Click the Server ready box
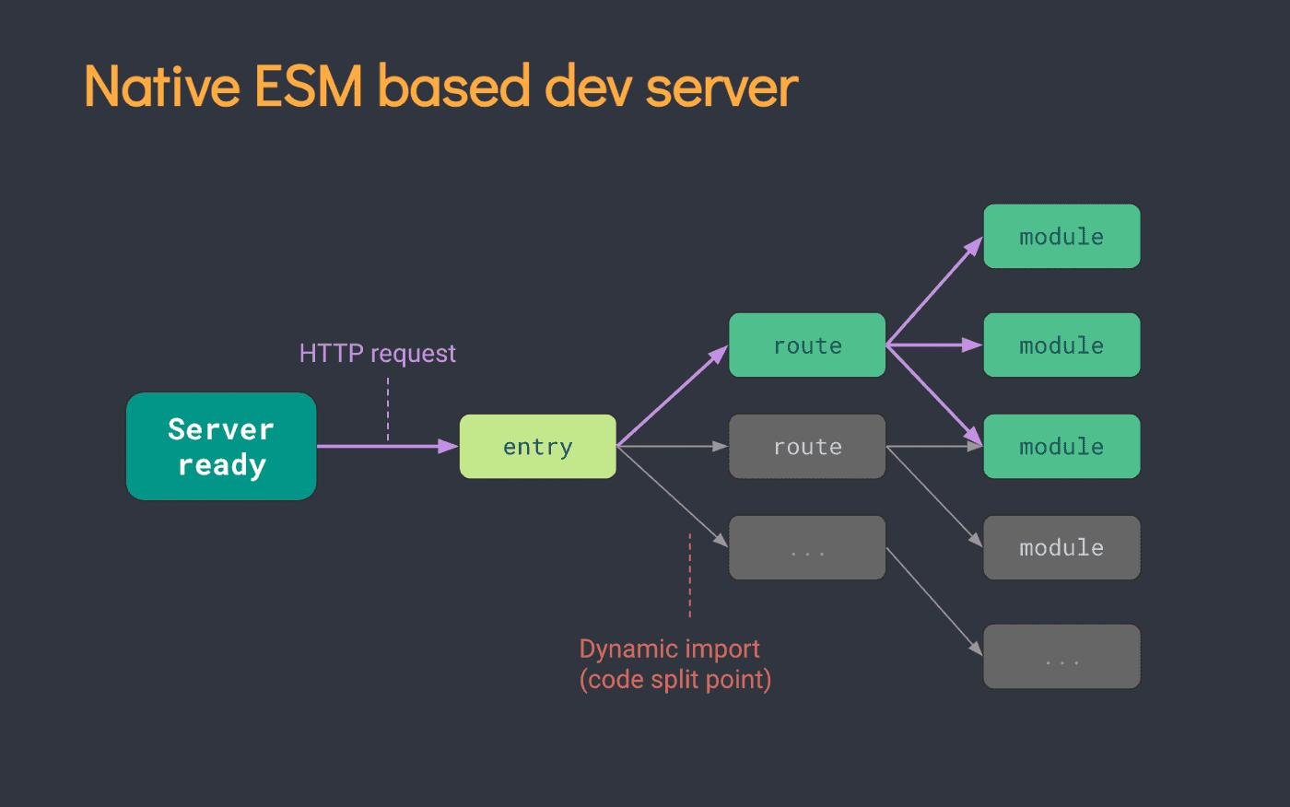221,447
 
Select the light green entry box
538,447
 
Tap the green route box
807,345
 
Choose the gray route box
807,447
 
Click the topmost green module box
1061,237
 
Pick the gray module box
1061,548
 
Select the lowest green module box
1061,447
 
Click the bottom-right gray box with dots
1061,657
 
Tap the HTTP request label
377,354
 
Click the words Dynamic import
670,649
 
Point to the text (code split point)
675,680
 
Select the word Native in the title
162,87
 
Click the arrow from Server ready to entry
387,447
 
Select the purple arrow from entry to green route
672,396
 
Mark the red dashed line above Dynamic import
689,576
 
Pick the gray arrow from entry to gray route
673,447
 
